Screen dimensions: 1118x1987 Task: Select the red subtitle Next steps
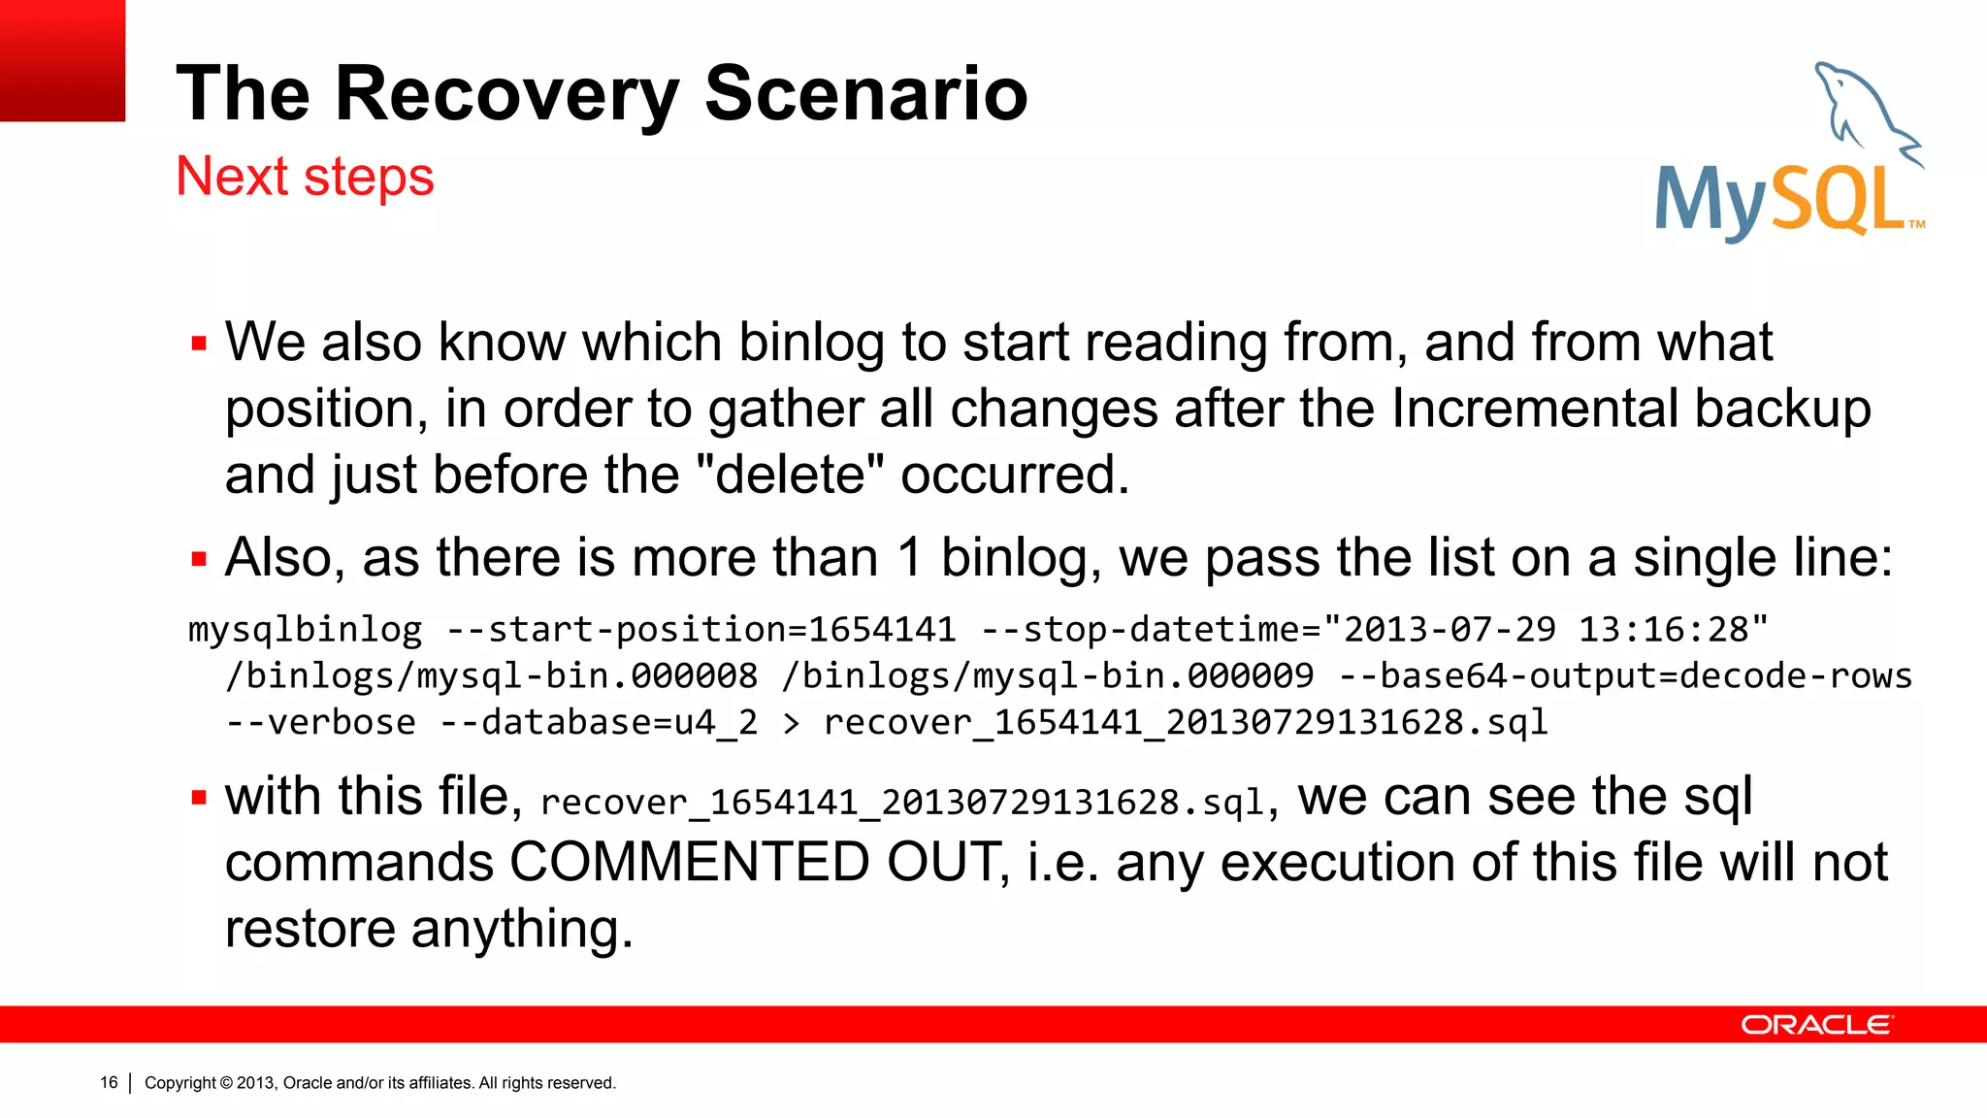305,177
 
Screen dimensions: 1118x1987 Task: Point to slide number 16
109,1082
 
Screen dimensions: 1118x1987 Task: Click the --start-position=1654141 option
700,630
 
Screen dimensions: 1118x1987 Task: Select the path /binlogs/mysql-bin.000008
491,675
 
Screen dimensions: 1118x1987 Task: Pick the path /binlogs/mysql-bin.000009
1048,675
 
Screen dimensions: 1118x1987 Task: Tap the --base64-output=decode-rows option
1625,675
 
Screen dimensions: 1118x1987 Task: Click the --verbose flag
320,722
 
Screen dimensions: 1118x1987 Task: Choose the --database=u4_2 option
599,722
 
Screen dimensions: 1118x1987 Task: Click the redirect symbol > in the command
792,723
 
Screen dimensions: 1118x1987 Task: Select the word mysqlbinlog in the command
306,631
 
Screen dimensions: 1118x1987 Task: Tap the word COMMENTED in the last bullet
689,862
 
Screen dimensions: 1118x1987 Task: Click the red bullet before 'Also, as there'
199,559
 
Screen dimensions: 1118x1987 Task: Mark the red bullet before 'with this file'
199,798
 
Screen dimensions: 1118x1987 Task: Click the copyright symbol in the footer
226,1083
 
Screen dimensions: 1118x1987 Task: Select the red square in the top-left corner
62,60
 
